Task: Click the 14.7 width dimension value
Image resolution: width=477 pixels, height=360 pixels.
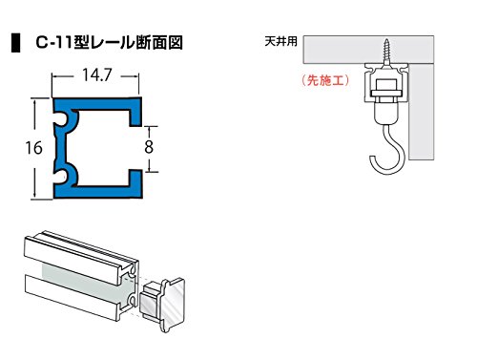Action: coord(97,75)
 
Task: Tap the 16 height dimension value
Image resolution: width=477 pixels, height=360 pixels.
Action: coord(33,148)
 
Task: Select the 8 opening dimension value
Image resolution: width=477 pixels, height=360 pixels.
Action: coord(149,147)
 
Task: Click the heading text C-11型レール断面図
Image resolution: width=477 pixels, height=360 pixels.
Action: coord(109,42)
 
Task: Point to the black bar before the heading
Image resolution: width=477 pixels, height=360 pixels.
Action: coord(15,42)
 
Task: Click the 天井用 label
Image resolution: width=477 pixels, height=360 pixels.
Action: coord(280,42)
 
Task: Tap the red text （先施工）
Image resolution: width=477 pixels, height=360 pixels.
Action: coord(324,80)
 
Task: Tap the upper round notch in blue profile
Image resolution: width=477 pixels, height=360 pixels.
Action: coord(61,118)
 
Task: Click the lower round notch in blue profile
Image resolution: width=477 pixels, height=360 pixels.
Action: coord(61,177)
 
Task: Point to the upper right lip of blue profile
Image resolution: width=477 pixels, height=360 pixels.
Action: coord(135,112)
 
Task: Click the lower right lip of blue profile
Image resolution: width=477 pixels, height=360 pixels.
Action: coord(135,183)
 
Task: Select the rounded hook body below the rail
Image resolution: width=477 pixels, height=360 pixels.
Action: coord(386,113)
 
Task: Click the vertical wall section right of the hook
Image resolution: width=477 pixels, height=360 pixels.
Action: coord(421,112)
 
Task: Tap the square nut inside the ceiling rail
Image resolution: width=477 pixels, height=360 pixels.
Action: coord(386,85)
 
